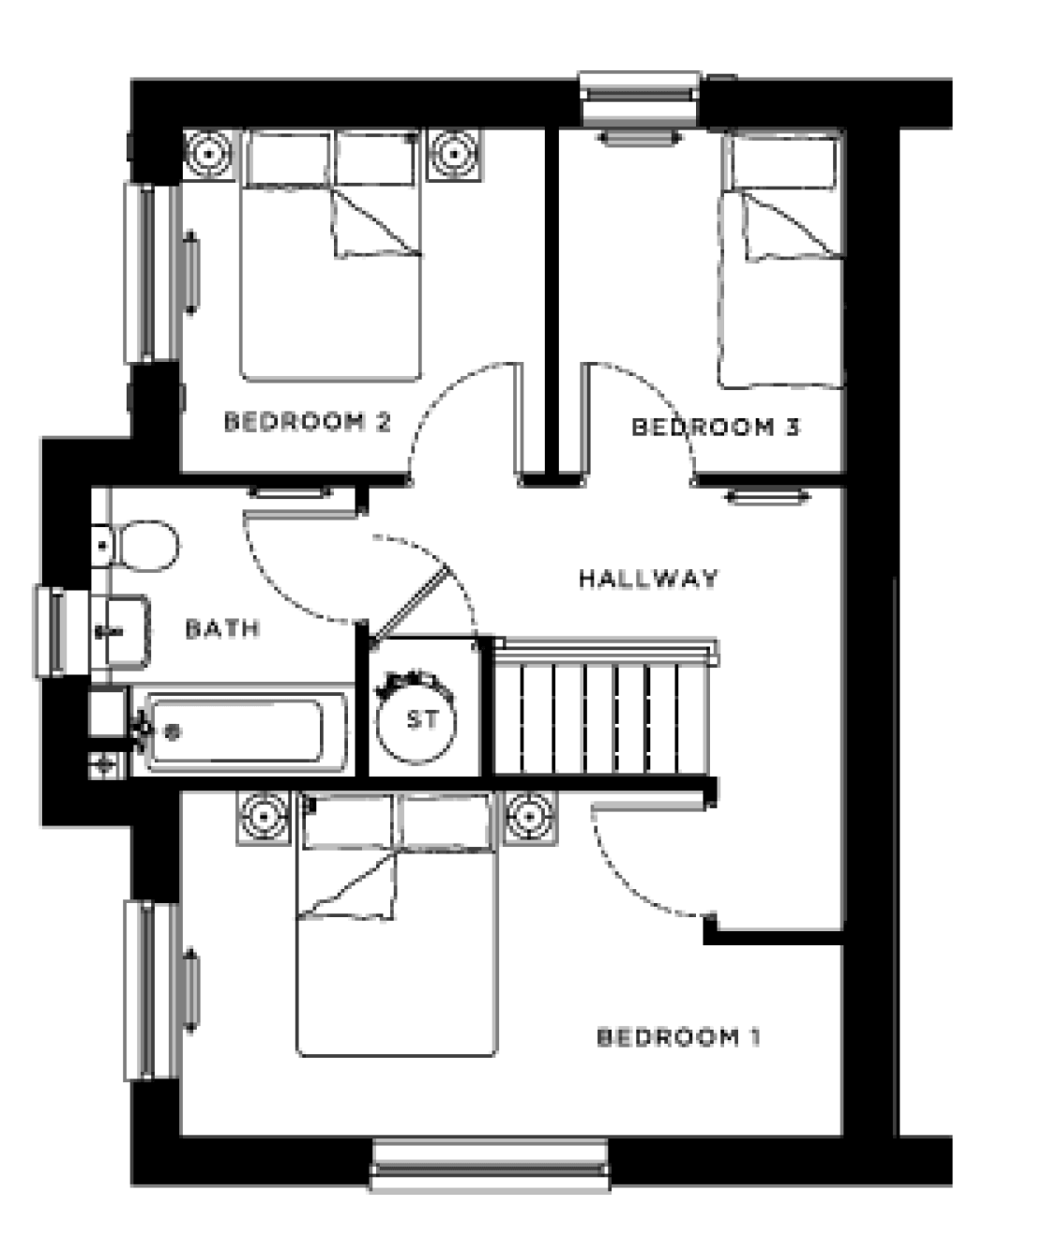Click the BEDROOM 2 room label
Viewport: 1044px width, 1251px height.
(x=307, y=422)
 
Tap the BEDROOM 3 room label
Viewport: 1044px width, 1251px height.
(x=716, y=428)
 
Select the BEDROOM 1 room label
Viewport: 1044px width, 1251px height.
(x=678, y=1037)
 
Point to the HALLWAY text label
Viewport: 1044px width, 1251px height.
(x=648, y=579)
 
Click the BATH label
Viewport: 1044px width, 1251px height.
(x=222, y=628)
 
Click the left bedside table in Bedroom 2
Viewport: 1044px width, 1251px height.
(x=207, y=153)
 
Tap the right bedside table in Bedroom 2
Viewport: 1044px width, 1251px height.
(x=456, y=153)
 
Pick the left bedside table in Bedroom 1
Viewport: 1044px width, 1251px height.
(x=264, y=817)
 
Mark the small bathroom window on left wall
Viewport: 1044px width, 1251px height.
(x=52, y=630)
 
